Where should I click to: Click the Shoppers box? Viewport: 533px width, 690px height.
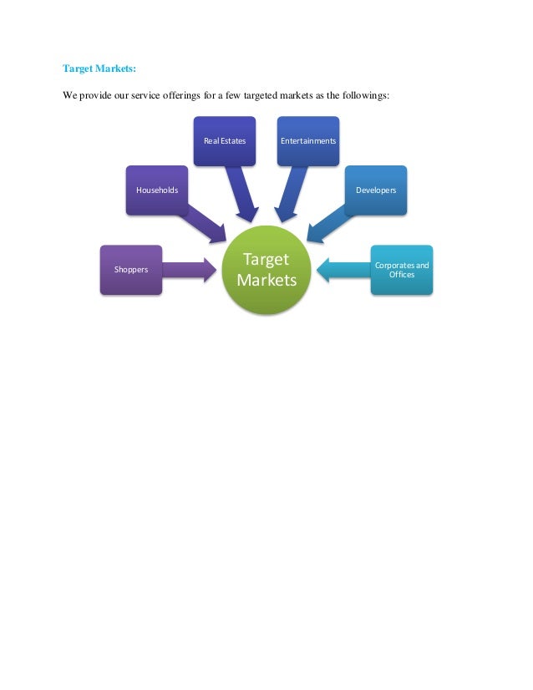pos(131,270)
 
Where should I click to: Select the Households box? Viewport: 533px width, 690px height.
pos(157,190)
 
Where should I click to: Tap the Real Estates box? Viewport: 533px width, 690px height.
pos(225,141)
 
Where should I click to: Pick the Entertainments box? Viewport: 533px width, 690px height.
pos(308,141)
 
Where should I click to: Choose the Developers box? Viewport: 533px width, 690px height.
pos(376,190)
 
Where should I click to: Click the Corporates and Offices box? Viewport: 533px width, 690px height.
pos(402,270)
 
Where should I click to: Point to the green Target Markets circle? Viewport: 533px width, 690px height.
pos(266,270)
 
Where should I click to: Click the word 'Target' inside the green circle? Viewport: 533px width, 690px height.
pos(266,260)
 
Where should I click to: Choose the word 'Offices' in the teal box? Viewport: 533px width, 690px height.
pos(402,275)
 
